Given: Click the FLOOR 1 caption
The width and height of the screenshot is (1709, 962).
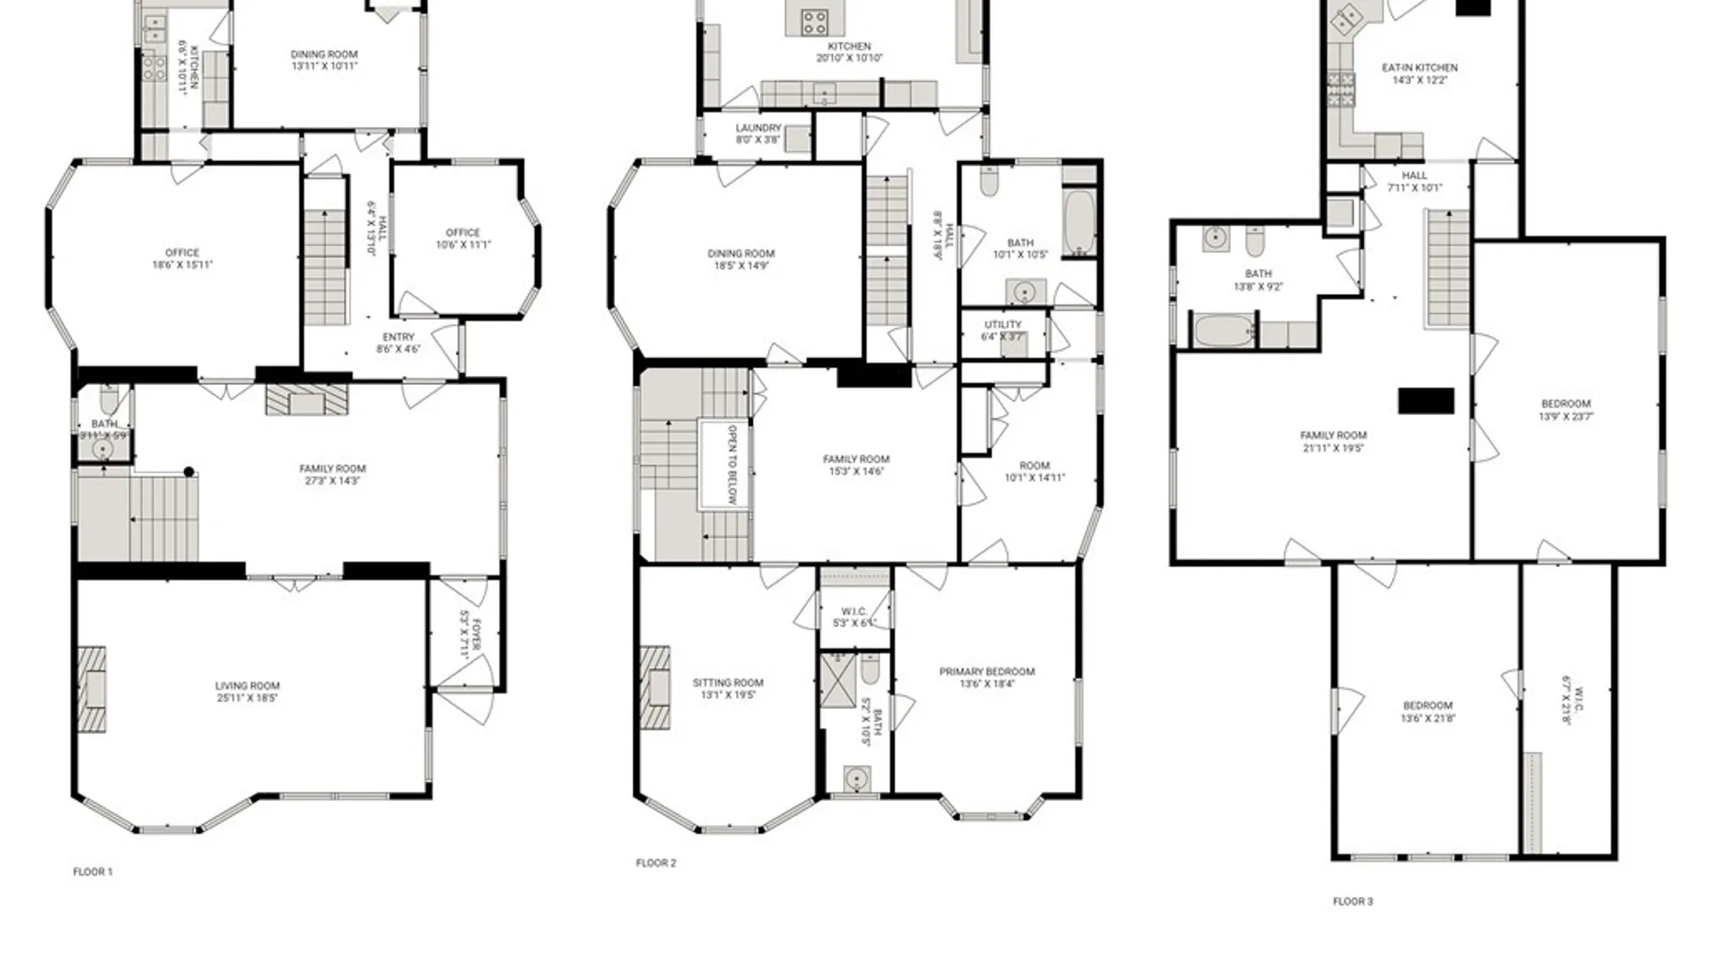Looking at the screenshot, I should pyautogui.click(x=93, y=872).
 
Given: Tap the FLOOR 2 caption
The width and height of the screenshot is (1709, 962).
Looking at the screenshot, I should pyautogui.click(x=656, y=863).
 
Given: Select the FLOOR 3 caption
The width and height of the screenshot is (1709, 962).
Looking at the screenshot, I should pyautogui.click(x=1352, y=901).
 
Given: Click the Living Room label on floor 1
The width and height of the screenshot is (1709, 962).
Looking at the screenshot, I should pyautogui.click(x=247, y=686).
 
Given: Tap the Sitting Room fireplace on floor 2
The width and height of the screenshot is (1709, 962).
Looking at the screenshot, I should pyautogui.click(x=654, y=688).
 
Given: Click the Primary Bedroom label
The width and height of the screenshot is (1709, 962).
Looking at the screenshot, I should pyautogui.click(x=987, y=672).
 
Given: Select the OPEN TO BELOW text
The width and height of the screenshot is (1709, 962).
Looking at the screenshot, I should pyautogui.click(x=732, y=464).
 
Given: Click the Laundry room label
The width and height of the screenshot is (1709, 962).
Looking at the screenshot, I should pyautogui.click(x=758, y=128).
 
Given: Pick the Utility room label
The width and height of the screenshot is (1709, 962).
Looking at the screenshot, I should pyautogui.click(x=1003, y=325).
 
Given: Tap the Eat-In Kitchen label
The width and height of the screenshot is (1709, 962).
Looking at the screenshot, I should pyautogui.click(x=1420, y=68).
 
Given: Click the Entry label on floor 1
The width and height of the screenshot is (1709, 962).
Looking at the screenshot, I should pyautogui.click(x=398, y=338).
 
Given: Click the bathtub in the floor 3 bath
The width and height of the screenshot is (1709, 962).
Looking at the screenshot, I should pyautogui.click(x=1224, y=331).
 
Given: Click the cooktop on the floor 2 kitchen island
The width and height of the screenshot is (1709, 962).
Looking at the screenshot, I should pyautogui.click(x=814, y=20).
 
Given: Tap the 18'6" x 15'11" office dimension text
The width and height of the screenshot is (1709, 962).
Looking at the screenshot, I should pyautogui.click(x=182, y=265).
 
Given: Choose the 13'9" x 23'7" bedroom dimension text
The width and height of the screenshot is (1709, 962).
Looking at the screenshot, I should pyautogui.click(x=1566, y=416).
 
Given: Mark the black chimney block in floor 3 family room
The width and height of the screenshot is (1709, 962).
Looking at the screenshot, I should pyautogui.click(x=1426, y=401).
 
